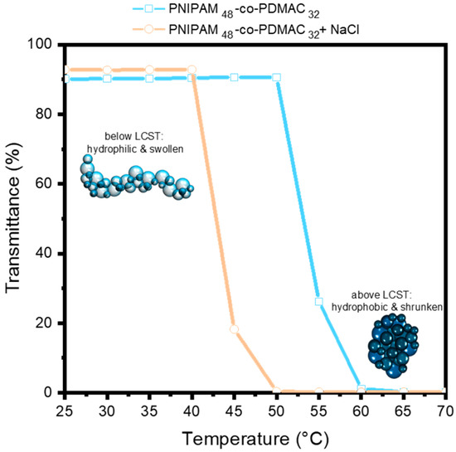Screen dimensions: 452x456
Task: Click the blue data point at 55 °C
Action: [x=318, y=302]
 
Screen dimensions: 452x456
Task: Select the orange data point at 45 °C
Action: [x=234, y=329]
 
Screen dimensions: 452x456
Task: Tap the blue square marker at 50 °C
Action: [x=276, y=77]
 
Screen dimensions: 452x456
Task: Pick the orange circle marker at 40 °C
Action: [x=192, y=70]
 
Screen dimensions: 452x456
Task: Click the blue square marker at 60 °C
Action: [x=361, y=388]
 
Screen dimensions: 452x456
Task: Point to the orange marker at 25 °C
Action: [x=66, y=70]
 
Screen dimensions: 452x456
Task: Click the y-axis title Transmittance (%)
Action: [x=14, y=218]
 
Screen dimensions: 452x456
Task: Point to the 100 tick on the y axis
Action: [x=46, y=43]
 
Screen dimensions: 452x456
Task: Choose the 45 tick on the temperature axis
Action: [x=234, y=409]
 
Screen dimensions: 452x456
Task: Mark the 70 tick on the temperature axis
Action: [x=444, y=409]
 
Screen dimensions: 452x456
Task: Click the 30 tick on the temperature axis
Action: [x=108, y=409]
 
